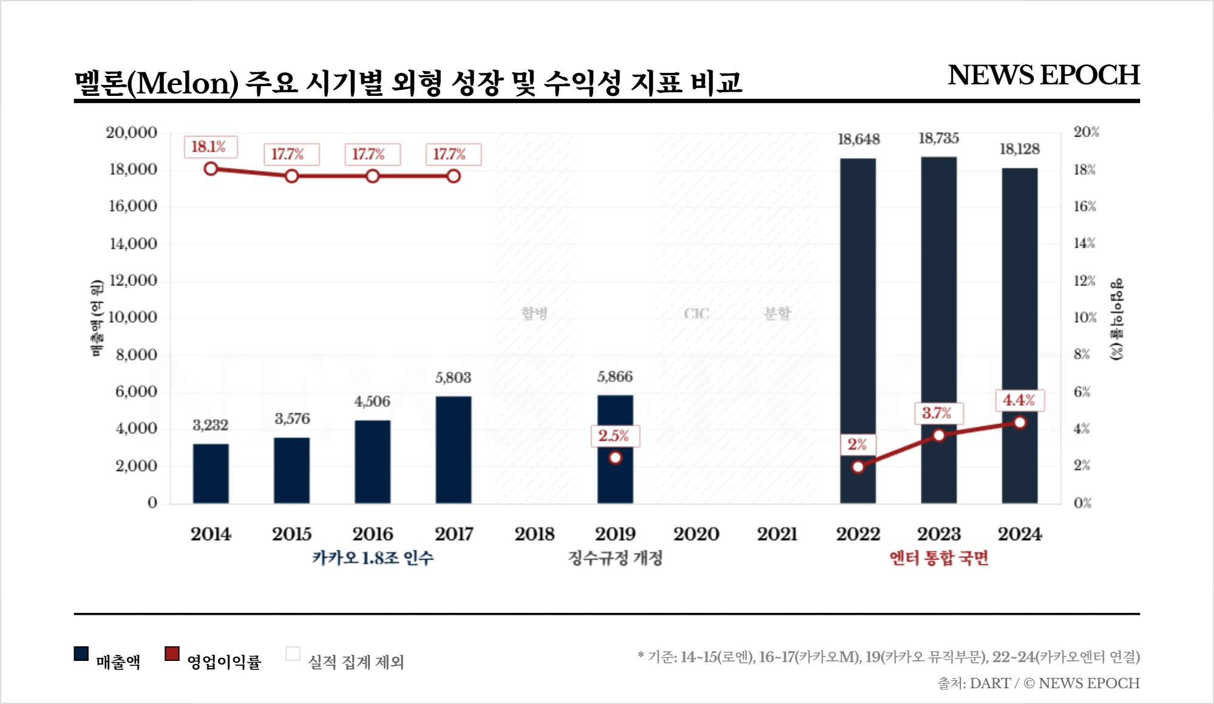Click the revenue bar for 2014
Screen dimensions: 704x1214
click(211, 473)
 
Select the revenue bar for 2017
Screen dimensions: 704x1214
click(453, 450)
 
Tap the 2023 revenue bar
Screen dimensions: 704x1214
click(938, 303)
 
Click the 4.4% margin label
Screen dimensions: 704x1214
click(1019, 401)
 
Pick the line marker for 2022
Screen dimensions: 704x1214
click(858, 467)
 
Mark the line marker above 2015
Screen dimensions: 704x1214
click(291, 176)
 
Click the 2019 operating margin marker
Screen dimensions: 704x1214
click(615, 458)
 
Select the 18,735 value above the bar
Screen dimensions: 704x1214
click(938, 138)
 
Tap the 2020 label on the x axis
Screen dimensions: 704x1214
click(696, 534)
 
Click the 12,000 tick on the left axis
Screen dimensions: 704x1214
click(133, 280)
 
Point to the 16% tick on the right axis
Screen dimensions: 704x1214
click(1084, 206)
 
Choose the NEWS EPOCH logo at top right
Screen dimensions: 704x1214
click(1043, 75)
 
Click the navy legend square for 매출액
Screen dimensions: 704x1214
click(81, 654)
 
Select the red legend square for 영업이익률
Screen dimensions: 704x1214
click(172, 654)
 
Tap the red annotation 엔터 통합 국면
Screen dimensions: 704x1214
click(938, 558)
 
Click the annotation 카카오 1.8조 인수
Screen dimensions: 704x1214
click(373, 558)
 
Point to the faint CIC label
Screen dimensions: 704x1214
click(696, 314)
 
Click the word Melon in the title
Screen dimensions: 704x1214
click(183, 83)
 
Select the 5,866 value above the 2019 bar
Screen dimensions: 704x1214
click(615, 377)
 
